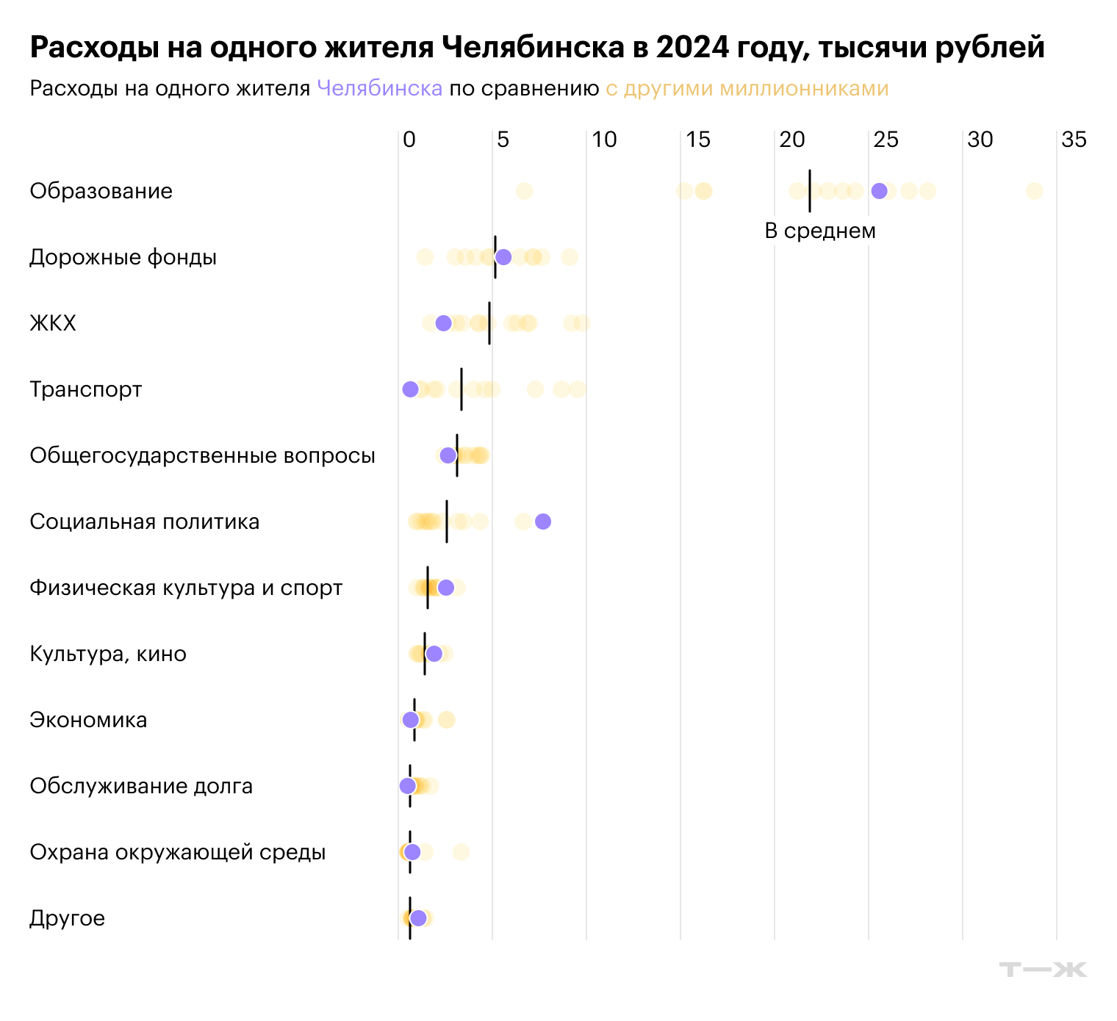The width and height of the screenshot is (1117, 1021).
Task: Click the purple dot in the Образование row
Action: point(879,191)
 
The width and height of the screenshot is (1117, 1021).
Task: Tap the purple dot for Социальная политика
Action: point(543,522)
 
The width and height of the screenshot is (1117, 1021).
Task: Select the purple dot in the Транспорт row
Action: point(410,389)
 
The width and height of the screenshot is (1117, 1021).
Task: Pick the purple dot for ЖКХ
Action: point(443,323)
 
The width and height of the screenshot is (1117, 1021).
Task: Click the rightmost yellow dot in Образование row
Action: point(1034,191)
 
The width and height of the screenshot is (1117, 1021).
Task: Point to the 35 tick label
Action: point(1074,140)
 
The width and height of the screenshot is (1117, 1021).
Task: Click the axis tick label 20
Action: point(791,140)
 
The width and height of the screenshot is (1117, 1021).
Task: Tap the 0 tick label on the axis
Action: point(409,140)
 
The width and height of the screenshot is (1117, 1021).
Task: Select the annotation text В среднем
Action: point(820,231)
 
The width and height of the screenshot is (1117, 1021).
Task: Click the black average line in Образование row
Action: point(809,191)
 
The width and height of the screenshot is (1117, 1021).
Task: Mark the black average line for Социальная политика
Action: point(447,522)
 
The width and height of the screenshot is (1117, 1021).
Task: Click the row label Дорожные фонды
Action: point(123,257)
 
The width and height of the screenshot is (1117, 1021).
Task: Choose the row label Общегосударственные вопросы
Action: point(202,455)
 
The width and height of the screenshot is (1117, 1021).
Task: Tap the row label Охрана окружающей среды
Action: point(177,852)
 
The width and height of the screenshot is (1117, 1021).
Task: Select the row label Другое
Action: point(67,918)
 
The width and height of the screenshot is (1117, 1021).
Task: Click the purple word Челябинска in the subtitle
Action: point(379,89)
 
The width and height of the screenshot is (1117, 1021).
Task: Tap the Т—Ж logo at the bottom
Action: point(1043,970)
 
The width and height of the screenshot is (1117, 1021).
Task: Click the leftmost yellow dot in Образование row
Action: point(523,191)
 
